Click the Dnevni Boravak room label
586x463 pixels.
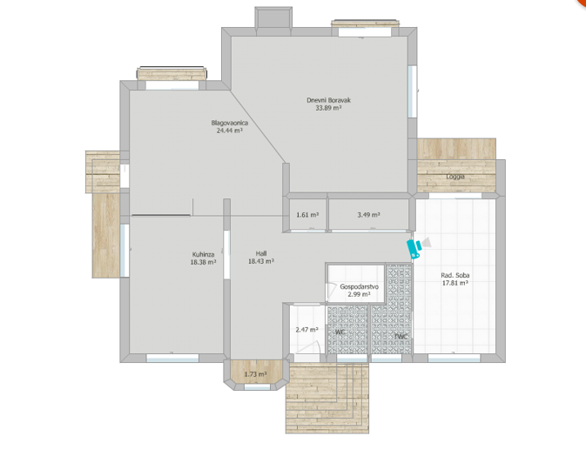click(327, 100)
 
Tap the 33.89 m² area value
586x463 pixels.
click(327, 109)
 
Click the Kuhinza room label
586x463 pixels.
click(203, 254)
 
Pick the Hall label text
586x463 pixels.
click(261, 253)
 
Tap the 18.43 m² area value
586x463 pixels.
click(261, 261)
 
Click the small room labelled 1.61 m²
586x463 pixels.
click(306, 215)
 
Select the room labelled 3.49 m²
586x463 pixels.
click(368, 215)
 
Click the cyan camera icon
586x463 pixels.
click(414, 248)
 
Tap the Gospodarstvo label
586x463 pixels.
click(358, 286)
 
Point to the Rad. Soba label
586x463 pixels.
click(455, 275)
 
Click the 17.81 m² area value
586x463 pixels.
click(455, 283)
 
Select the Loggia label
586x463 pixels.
click(455, 177)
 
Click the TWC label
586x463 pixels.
click(401, 336)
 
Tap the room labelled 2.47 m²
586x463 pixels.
click(306, 330)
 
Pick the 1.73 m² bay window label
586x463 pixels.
click(254, 374)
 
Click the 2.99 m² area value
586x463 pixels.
click(358, 294)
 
